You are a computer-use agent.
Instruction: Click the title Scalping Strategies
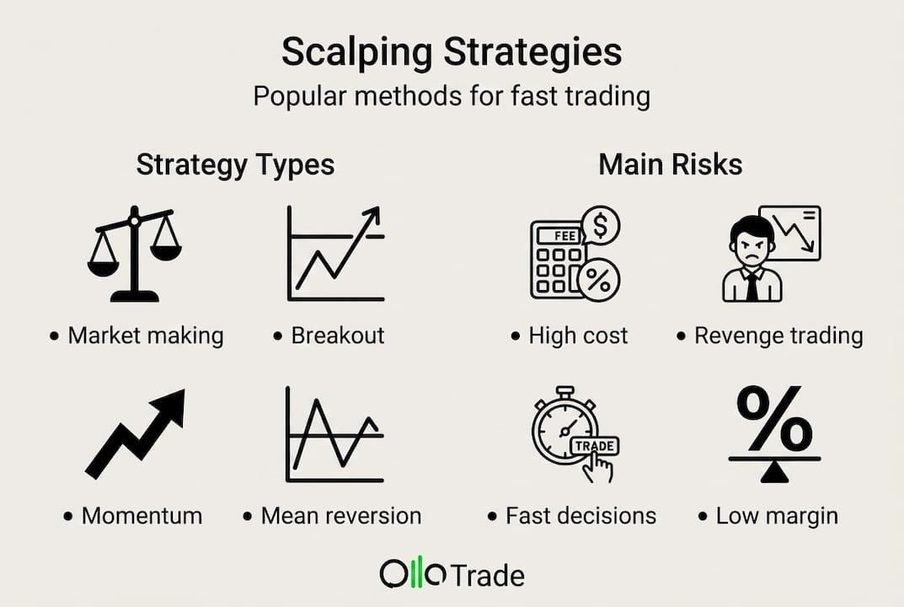(x=452, y=53)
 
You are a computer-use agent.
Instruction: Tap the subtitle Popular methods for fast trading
(x=452, y=96)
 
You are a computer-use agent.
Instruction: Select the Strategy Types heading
(x=235, y=164)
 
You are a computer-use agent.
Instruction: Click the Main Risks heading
(x=670, y=164)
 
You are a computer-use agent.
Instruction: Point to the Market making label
(x=145, y=336)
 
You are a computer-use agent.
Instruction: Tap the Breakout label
(x=337, y=336)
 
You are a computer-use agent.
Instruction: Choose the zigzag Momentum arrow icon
(x=136, y=433)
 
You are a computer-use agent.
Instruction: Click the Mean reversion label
(x=340, y=515)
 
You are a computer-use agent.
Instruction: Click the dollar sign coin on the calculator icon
(x=602, y=225)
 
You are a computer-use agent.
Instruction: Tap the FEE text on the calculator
(x=566, y=235)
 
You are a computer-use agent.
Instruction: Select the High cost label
(x=577, y=336)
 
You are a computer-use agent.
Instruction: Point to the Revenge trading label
(x=778, y=336)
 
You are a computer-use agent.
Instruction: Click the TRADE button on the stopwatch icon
(x=594, y=445)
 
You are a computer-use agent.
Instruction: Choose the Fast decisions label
(x=580, y=515)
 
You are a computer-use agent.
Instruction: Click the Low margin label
(x=776, y=515)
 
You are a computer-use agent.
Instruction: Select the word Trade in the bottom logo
(x=488, y=576)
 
